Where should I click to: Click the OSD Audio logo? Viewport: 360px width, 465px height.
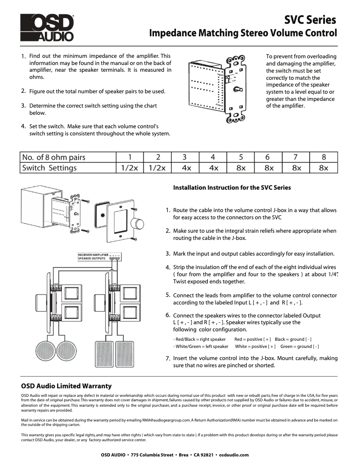[47, 27]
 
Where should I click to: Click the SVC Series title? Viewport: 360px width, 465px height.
[310, 20]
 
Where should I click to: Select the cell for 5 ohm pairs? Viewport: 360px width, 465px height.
[241, 157]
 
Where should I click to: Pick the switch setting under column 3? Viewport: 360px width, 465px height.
[185, 168]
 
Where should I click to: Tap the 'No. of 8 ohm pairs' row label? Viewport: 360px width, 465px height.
[54, 157]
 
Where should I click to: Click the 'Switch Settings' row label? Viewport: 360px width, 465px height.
[49, 168]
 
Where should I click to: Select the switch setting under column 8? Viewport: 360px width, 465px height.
[324, 168]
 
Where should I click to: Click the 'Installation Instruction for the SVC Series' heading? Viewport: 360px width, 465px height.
[232, 187]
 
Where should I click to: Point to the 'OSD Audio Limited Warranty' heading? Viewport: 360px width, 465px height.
[66, 386]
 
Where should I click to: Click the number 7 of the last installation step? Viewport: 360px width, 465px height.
[167, 359]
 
